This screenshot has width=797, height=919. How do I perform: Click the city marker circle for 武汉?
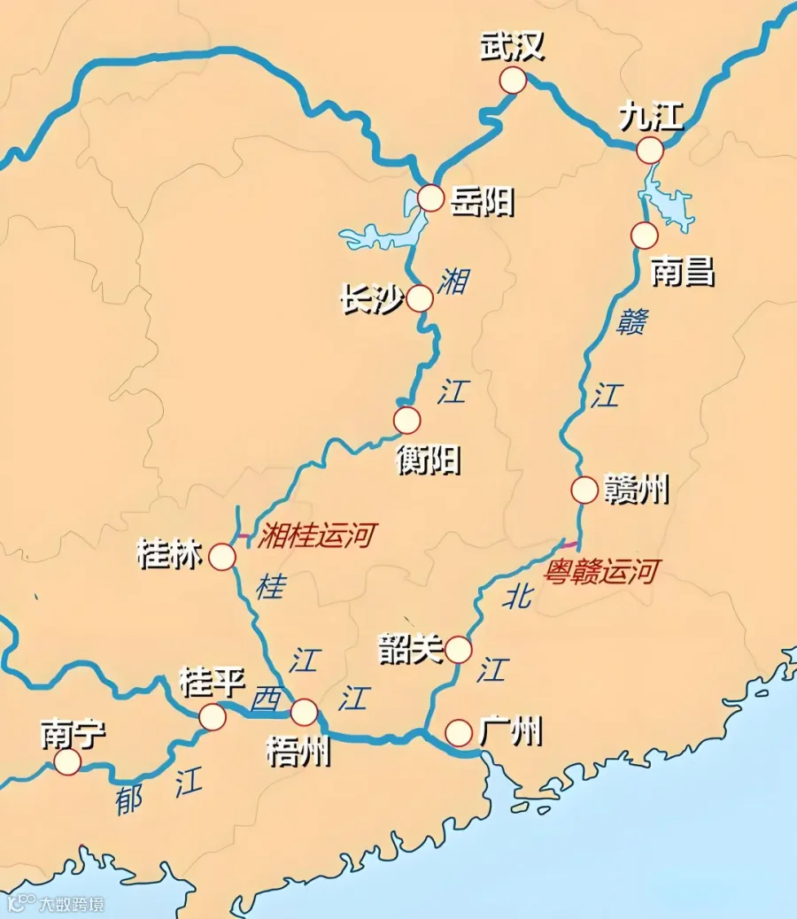(x=513, y=81)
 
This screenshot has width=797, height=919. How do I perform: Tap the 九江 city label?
(x=652, y=117)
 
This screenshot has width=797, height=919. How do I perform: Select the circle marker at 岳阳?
(x=430, y=198)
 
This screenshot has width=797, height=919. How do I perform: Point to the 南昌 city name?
(x=682, y=272)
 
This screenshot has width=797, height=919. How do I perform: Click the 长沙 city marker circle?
(x=420, y=298)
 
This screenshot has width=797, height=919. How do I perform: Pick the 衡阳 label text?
(x=429, y=459)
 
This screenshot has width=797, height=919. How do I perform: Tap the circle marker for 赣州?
(x=584, y=490)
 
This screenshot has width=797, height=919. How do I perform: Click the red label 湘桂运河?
(x=316, y=535)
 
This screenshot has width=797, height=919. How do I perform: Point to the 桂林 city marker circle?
(x=222, y=557)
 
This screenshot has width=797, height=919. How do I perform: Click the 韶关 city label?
(x=410, y=649)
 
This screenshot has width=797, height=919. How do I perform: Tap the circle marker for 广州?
(x=459, y=732)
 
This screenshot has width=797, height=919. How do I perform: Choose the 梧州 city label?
(x=298, y=752)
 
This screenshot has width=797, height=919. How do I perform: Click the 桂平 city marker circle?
(x=213, y=717)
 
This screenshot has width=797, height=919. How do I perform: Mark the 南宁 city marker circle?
(x=66, y=762)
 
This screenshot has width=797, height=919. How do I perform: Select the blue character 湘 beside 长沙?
(x=453, y=282)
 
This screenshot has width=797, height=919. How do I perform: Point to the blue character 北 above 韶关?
(x=518, y=597)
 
